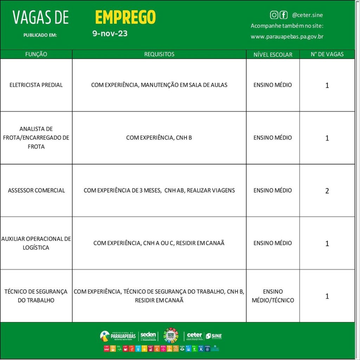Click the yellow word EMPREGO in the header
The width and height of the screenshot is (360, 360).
click(x=125, y=17)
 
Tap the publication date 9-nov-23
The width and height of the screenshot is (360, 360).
click(x=110, y=34)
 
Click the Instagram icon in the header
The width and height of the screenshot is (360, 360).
click(x=274, y=15)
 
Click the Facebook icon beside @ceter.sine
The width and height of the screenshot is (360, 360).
click(x=283, y=15)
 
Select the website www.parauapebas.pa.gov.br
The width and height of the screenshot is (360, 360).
click(x=287, y=37)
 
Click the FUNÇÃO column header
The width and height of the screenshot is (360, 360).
click(x=36, y=54)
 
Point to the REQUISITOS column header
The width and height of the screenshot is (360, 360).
click(x=159, y=54)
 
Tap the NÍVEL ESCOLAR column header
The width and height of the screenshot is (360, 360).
click(x=273, y=54)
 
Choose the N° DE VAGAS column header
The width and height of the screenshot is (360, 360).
click(x=327, y=54)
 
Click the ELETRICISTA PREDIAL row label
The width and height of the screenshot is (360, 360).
click(x=36, y=85)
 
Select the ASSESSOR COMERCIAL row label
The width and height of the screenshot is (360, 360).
click(x=36, y=190)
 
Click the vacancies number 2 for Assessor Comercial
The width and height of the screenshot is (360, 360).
click(x=327, y=191)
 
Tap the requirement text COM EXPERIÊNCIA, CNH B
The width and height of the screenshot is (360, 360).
click(x=159, y=138)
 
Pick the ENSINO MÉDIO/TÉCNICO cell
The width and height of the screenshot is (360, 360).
click(x=273, y=296)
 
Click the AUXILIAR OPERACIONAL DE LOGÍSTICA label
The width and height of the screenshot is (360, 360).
click(x=36, y=243)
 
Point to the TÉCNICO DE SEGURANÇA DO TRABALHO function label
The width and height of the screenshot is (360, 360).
click(x=36, y=296)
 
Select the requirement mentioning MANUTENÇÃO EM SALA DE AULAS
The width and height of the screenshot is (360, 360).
click(x=159, y=85)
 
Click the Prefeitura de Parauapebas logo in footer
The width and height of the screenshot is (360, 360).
click(x=117, y=336)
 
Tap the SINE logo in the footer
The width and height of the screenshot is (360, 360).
click(x=214, y=336)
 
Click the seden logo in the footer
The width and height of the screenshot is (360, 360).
click(x=148, y=336)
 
